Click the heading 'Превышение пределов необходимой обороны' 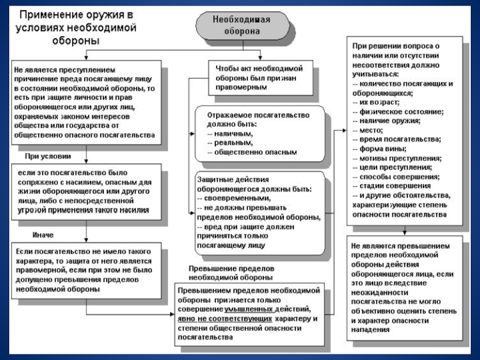(231, 273)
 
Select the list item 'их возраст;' (373, 103)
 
